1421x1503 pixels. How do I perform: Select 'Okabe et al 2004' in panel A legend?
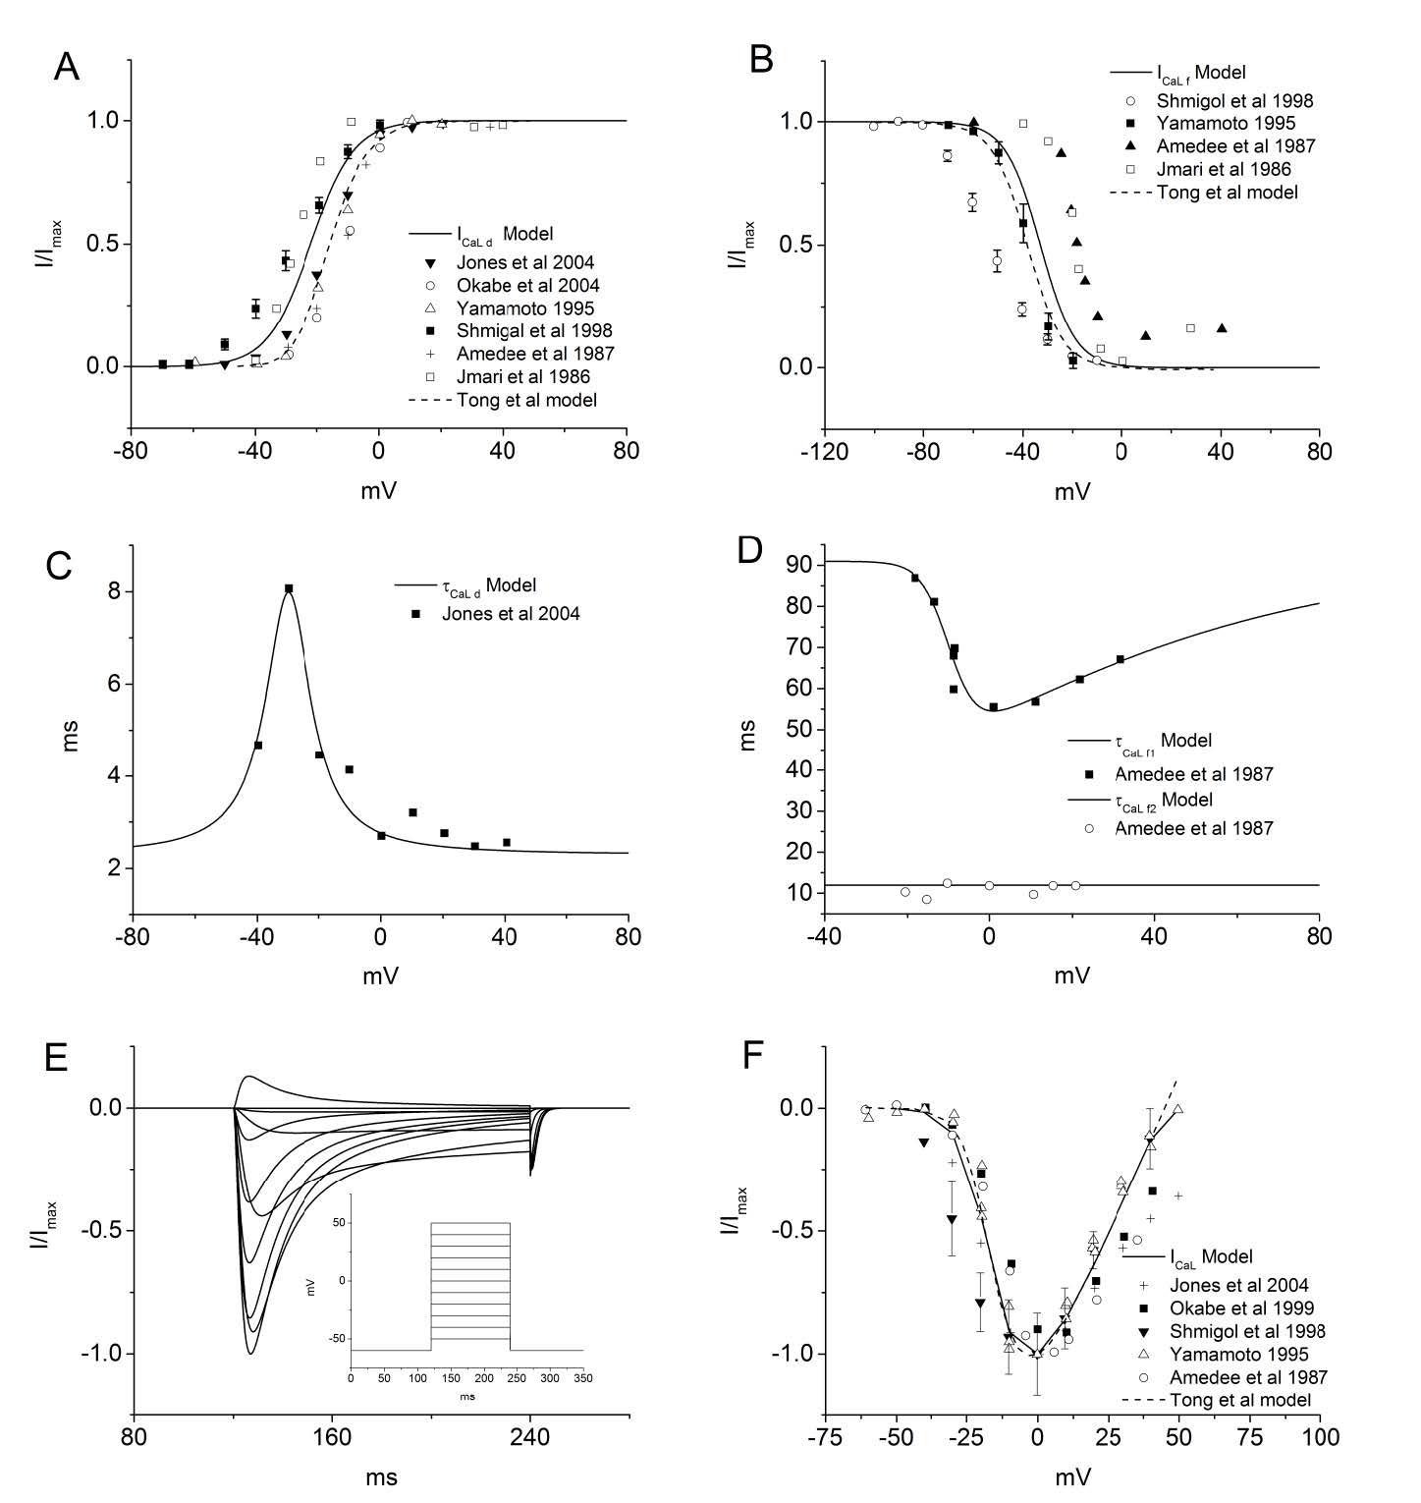527,286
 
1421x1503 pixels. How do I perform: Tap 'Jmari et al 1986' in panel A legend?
522,377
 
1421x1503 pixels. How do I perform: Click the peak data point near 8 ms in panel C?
289,588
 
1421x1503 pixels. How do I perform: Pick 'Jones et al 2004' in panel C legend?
510,614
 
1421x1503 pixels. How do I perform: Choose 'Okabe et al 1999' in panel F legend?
1240,1308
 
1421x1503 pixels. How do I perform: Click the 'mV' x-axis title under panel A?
379,489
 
